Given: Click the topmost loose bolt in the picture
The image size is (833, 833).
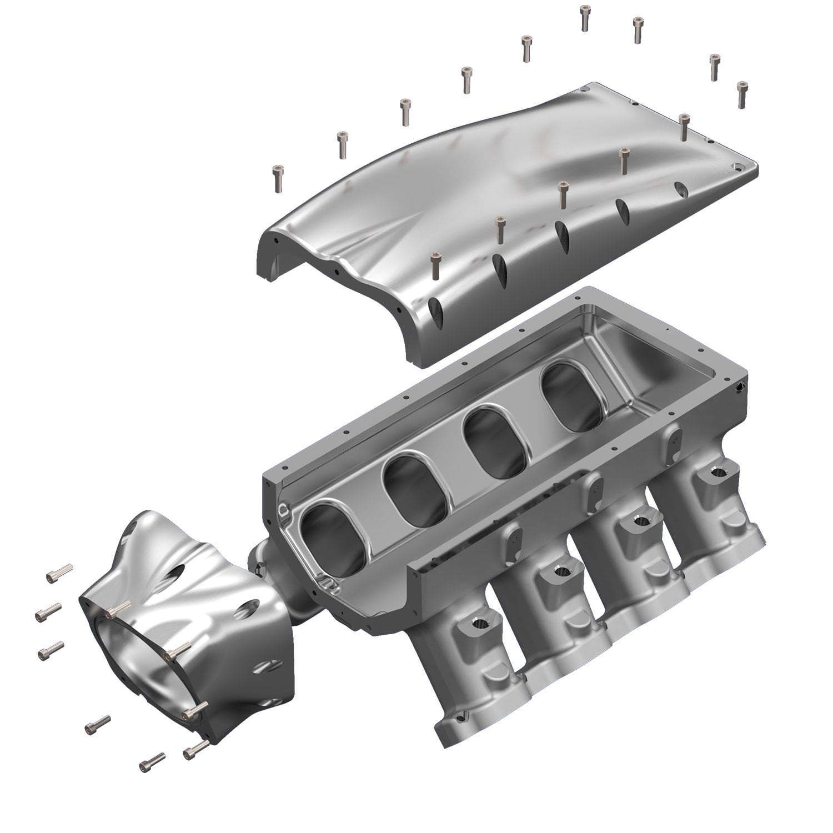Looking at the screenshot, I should pos(585,17).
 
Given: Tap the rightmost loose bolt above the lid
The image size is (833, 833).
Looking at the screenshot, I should pos(741,94).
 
